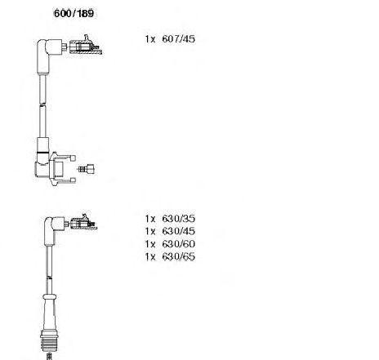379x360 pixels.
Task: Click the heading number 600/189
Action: tap(74, 13)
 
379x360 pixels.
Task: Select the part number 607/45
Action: tap(178, 39)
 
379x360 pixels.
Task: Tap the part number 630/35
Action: tap(178, 219)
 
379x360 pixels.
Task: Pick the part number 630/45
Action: tap(178, 231)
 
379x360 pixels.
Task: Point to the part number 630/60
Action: tap(178, 244)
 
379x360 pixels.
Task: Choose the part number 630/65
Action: tap(178, 256)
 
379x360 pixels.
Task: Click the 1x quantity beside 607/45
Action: tap(150, 39)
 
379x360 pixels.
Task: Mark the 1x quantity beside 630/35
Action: tap(150, 219)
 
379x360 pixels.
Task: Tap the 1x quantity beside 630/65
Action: tap(150, 257)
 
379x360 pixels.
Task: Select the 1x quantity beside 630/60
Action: tap(150, 244)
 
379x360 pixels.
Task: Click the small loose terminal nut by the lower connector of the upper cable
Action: tap(87, 169)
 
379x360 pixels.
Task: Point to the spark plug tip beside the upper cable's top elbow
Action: tap(85, 46)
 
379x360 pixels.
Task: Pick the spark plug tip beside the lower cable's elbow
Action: tap(83, 222)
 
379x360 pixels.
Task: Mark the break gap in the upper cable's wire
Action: tap(42, 104)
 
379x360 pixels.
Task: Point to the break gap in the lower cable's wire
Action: tap(49, 278)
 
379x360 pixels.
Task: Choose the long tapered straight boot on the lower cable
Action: tap(50, 313)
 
